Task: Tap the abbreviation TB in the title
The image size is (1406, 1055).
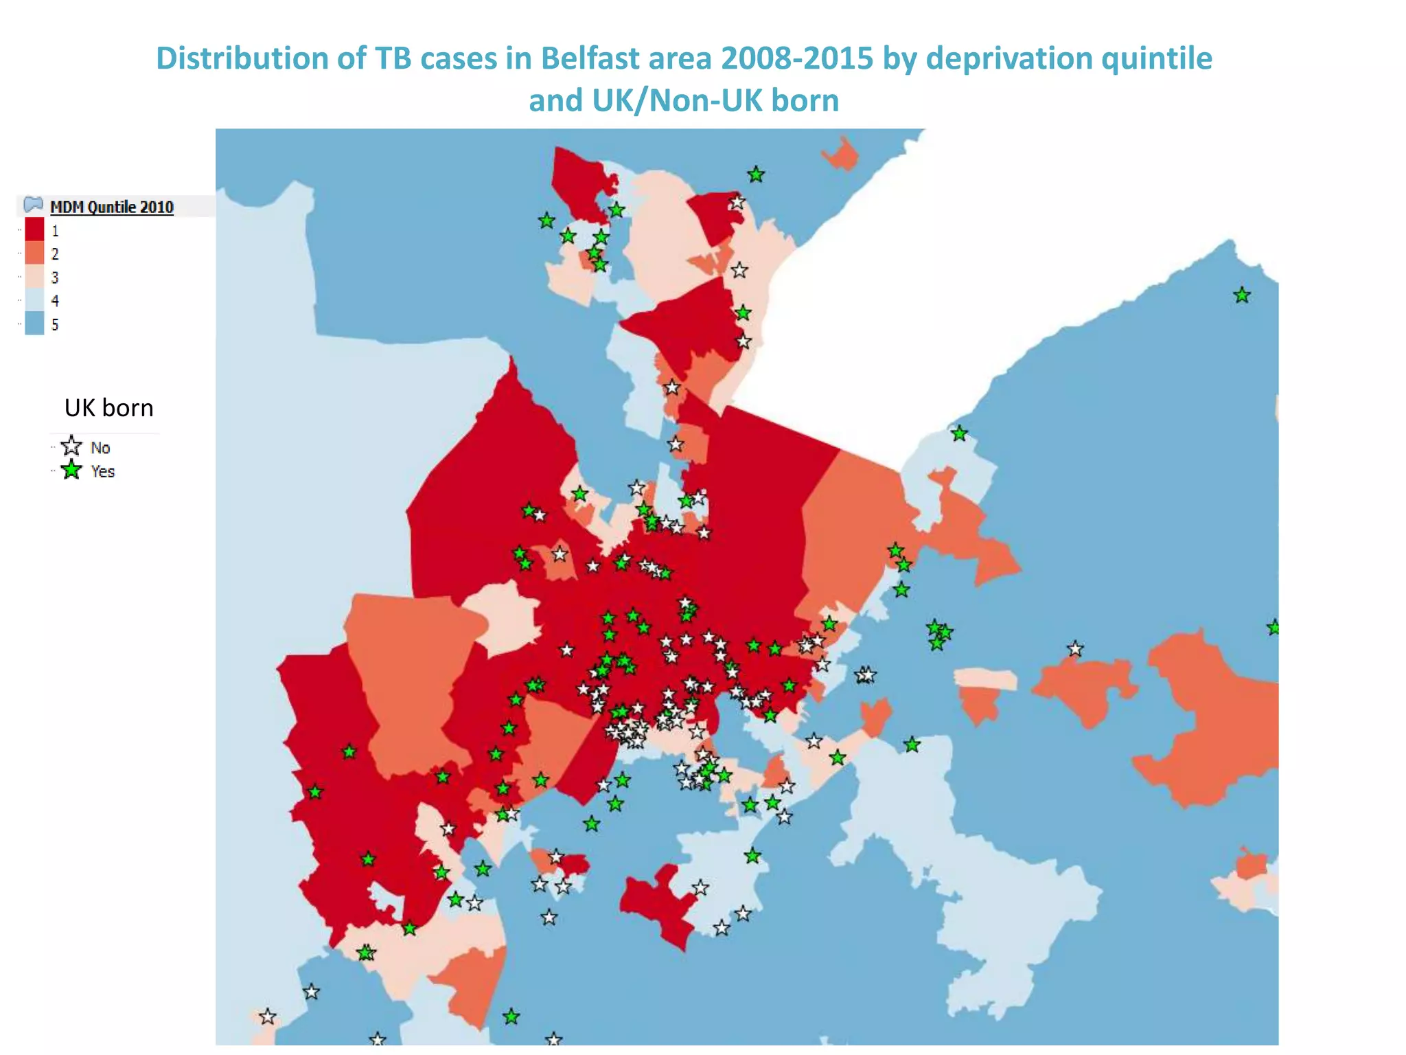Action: click(x=393, y=59)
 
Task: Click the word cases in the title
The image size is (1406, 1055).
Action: click(x=459, y=59)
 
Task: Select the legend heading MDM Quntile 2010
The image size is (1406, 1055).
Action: click(x=112, y=207)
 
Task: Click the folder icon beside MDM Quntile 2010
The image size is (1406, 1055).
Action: click(x=33, y=205)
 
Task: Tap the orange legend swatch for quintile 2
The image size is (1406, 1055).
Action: click(x=34, y=253)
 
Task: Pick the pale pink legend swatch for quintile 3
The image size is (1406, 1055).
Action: click(x=34, y=277)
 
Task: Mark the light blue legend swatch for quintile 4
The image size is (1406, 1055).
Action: click(x=34, y=300)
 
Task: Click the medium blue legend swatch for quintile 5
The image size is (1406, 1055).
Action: click(x=34, y=324)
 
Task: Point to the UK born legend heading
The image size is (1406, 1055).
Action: click(x=108, y=408)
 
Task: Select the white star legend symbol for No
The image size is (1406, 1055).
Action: click(x=71, y=446)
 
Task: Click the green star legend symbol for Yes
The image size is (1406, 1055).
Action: click(x=71, y=470)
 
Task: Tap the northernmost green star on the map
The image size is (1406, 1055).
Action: click(x=756, y=174)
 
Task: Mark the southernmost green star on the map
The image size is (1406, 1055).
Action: click(x=511, y=1017)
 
